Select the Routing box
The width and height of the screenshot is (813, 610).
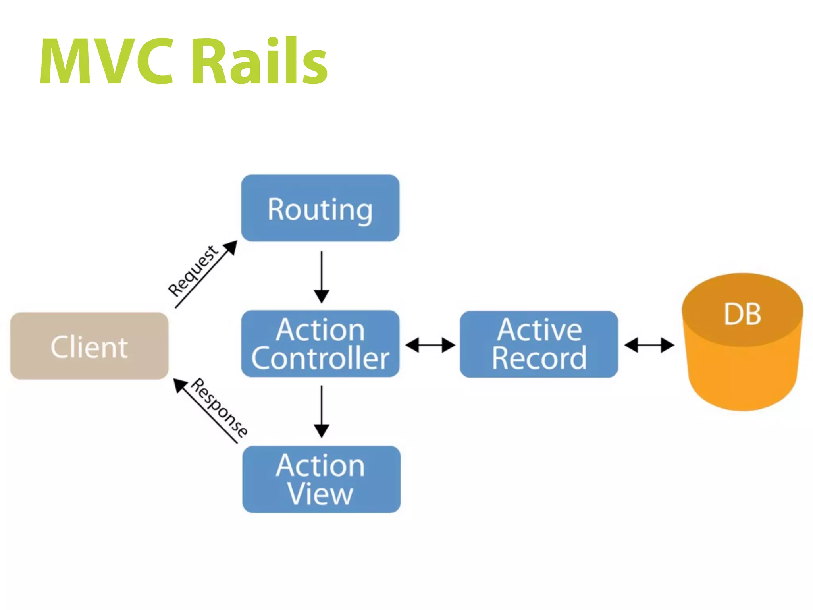click(320, 208)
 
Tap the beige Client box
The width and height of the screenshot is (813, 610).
click(89, 346)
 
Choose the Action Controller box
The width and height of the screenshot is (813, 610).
click(320, 344)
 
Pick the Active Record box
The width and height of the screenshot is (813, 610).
click(539, 344)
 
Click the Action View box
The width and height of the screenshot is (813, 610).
click(321, 479)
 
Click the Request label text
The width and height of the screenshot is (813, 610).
click(193, 271)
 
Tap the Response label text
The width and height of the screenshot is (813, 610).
click(220, 407)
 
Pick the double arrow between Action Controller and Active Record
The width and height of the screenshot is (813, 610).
click(430, 345)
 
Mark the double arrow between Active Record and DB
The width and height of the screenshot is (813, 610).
click(649, 345)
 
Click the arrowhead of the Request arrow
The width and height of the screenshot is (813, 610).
click(231, 247)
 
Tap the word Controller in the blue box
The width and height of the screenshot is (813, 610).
click(320, 358)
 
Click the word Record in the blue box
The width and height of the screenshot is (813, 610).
click(539, 358)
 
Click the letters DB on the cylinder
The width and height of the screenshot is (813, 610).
click(742, 314)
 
